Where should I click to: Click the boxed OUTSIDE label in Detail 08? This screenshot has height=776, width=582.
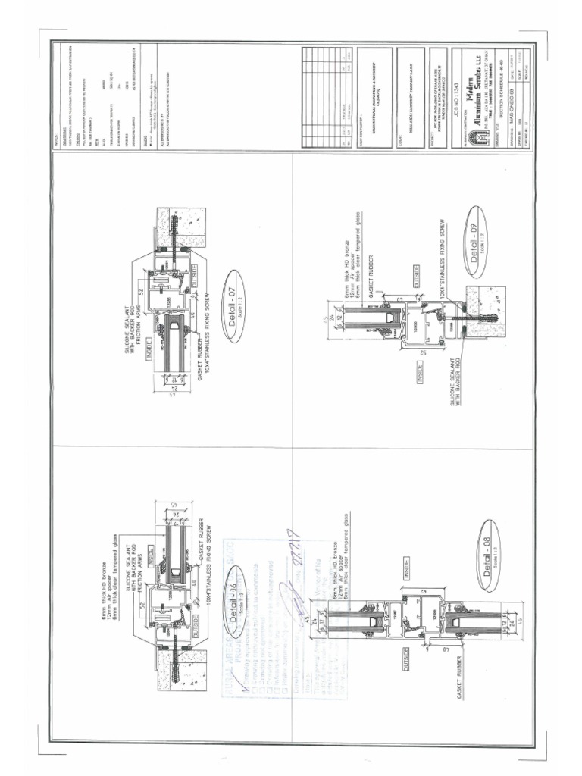(406, 652)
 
